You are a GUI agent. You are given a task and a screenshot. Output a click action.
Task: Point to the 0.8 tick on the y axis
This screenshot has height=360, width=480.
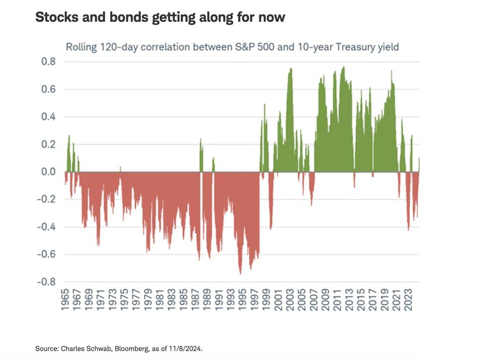(49, 62)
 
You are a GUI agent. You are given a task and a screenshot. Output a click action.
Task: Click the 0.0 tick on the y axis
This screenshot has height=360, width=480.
(49, 172)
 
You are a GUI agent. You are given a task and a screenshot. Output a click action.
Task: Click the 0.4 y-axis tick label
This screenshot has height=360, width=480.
(49, 117)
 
